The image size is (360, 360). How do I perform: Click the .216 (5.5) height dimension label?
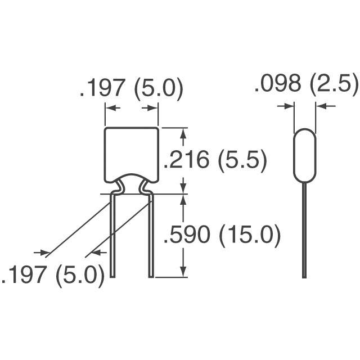215,159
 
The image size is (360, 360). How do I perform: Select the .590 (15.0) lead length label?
222,235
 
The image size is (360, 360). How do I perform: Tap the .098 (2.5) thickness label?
307,84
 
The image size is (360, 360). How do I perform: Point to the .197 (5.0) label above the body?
132,88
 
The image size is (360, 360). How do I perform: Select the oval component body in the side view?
305,155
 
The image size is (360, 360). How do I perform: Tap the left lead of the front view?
112,235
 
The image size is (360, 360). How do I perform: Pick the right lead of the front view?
151,235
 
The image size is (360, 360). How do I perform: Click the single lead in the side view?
304,229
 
